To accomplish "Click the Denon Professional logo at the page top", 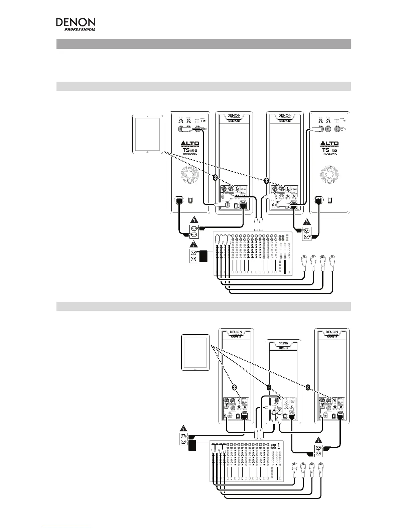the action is point(76,24).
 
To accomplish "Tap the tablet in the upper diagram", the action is point(147,134).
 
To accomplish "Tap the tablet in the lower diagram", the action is point(195,352).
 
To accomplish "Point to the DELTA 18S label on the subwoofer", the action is point(283,348).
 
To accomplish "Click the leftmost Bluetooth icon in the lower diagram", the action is point(235,387).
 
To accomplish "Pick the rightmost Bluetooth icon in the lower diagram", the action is point(308,387).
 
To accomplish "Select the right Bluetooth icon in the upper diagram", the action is point(266,180).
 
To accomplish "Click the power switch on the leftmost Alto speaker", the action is point(190,200).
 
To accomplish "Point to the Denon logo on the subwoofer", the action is point(283,344).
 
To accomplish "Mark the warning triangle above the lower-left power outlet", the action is point(183,428).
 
